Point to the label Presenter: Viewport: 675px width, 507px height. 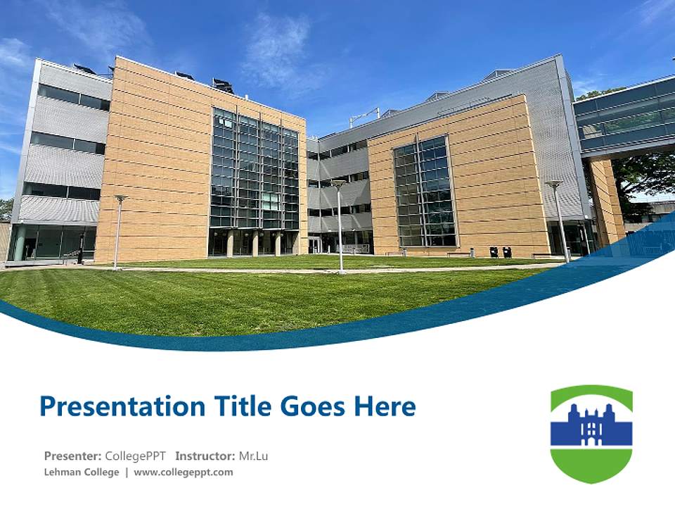pos(72,456)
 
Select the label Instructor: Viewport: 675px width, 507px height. pos(205,456)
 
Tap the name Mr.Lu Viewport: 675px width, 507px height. pos(253,456)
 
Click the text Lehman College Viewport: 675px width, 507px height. pos(82,472)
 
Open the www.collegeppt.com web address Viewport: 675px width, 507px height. pos(183,472)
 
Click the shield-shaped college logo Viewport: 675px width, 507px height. pos(591,434)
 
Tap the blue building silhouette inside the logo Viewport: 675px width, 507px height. pos(591,425)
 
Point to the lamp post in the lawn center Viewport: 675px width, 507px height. pos(340,225)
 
